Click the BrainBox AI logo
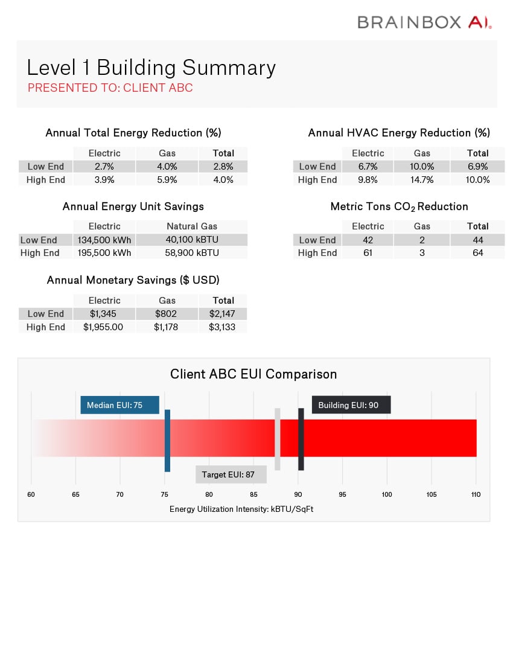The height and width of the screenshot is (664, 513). (x=424, y=22)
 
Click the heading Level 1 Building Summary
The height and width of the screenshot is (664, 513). (x=151, y=68)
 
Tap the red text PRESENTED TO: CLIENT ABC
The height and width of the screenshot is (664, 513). (x=110, y=88)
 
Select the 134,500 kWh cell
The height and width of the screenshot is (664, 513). (x=104, y=240)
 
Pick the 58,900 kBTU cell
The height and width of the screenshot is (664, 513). (x=192, y=253)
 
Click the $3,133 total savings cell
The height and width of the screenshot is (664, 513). (x=222, y=327)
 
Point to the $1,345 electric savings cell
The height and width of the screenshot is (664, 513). (x=104, y=314)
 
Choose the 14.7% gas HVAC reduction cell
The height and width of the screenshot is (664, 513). (x=422, y=180)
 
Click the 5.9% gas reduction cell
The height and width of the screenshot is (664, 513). (x=167, y=180)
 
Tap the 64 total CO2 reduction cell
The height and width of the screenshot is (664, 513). (x=477, y=253)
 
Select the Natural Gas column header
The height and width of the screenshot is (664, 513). (x=192, y=226)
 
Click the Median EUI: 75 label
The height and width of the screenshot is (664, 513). (x=119, y=405)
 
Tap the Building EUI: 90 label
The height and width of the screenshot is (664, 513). (x=351, y=405)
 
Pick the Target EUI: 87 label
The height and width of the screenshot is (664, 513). (x=231, y=474)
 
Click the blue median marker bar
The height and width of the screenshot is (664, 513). (x=167, y=441)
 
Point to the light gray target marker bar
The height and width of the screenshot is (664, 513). (x=278, y=439)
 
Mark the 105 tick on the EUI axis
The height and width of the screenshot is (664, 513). (x=431, y=494)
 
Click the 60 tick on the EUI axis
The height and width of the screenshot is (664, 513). (x=31, y=494)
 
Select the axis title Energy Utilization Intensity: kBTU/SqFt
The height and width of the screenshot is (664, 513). (x=241, y=509)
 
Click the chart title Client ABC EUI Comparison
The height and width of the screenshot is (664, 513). (x=253, y=374)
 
